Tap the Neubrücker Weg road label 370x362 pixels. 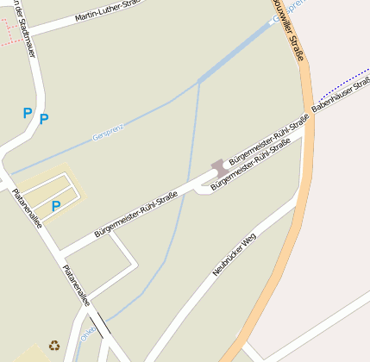tap(235, 255)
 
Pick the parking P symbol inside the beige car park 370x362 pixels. tap(56, 206)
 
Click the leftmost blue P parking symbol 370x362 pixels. tap(27, 113)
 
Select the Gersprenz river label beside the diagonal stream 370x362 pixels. tap(109, 133)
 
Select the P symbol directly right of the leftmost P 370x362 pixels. tap(44, 119)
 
